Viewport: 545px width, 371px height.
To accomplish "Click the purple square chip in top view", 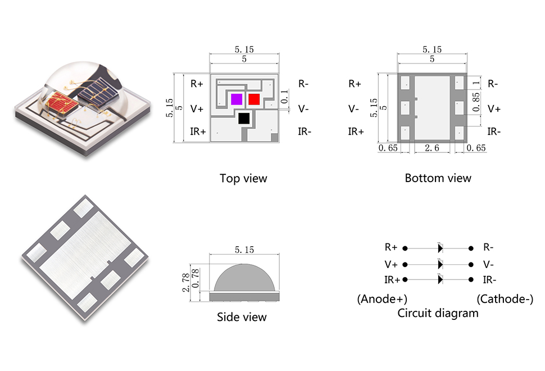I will tap(237, 99).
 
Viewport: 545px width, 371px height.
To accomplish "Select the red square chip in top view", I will tap(254, 99).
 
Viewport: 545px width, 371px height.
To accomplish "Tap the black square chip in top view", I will tap(244, 118).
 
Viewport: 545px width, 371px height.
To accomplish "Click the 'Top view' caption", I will tap(243, 179).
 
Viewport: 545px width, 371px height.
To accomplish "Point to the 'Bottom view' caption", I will tap(438, 178).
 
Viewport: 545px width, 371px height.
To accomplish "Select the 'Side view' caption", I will tap(242, 317).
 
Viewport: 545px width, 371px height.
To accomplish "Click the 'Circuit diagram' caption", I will tap(438, 313).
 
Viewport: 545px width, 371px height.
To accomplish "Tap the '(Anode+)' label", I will tap(382, 299).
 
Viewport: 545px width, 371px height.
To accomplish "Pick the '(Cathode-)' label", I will tap(505, 299).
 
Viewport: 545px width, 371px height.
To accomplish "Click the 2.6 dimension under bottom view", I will tap(432, 148).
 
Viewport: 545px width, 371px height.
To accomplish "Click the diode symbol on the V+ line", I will tap(440, 264).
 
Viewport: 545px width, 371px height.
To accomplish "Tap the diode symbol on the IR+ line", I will tap(440, 279).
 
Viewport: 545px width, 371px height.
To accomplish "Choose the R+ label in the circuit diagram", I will tap(391, 247).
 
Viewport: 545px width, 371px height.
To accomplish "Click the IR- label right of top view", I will tap(305, 132).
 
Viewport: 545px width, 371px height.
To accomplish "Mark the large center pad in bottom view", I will tap(432, 107).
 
